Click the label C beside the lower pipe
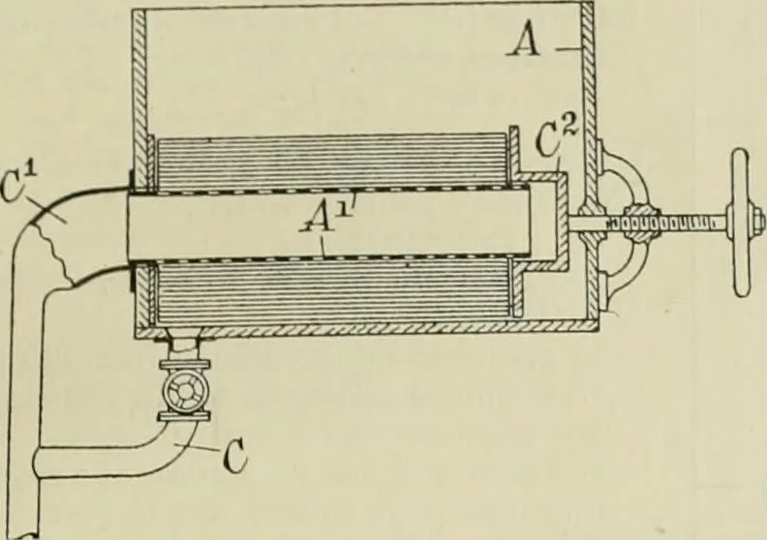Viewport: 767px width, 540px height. pos(234,458)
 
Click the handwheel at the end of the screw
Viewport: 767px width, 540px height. pos(741,223)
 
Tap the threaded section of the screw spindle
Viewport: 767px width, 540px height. pos(665,223)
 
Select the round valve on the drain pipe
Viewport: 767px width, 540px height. pos(185,389)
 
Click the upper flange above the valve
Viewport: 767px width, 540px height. pos(184,365)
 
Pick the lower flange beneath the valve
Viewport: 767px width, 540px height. pos(184,415)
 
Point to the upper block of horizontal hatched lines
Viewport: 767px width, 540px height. pos(331,163)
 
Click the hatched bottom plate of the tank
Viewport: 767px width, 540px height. pos(367,329)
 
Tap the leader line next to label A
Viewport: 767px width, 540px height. pos(567,48)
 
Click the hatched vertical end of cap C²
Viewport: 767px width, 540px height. pos(563,223)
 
